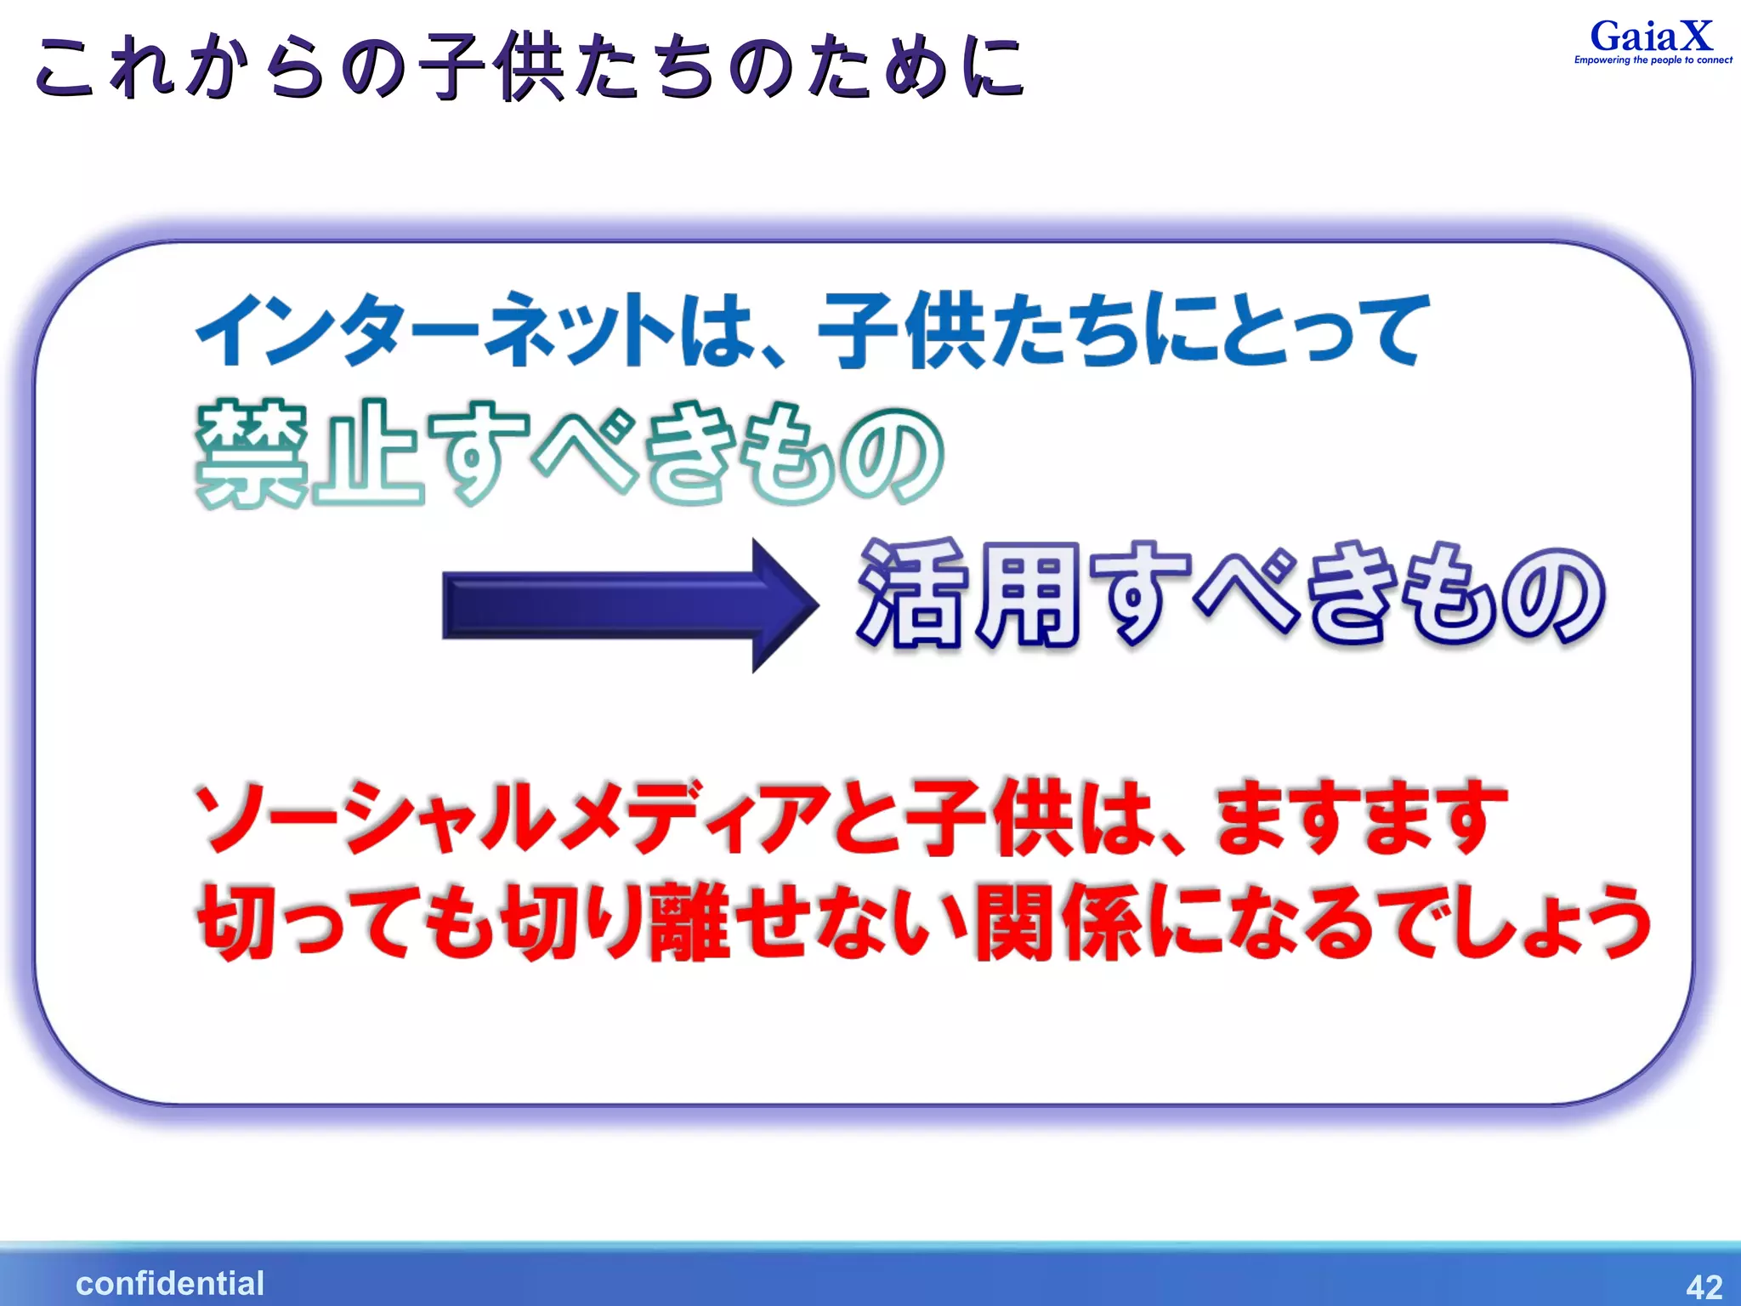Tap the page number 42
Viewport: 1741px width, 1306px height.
tap(1704, 1286)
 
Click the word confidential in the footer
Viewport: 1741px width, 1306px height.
tap(170, 1283)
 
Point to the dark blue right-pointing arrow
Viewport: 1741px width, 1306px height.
tap(629, 605)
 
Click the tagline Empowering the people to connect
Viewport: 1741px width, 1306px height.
tap(1653, 60)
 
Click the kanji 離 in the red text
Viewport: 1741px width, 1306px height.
tap(687, 922)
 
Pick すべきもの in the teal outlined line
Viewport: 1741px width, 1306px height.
tap(684, 454)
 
